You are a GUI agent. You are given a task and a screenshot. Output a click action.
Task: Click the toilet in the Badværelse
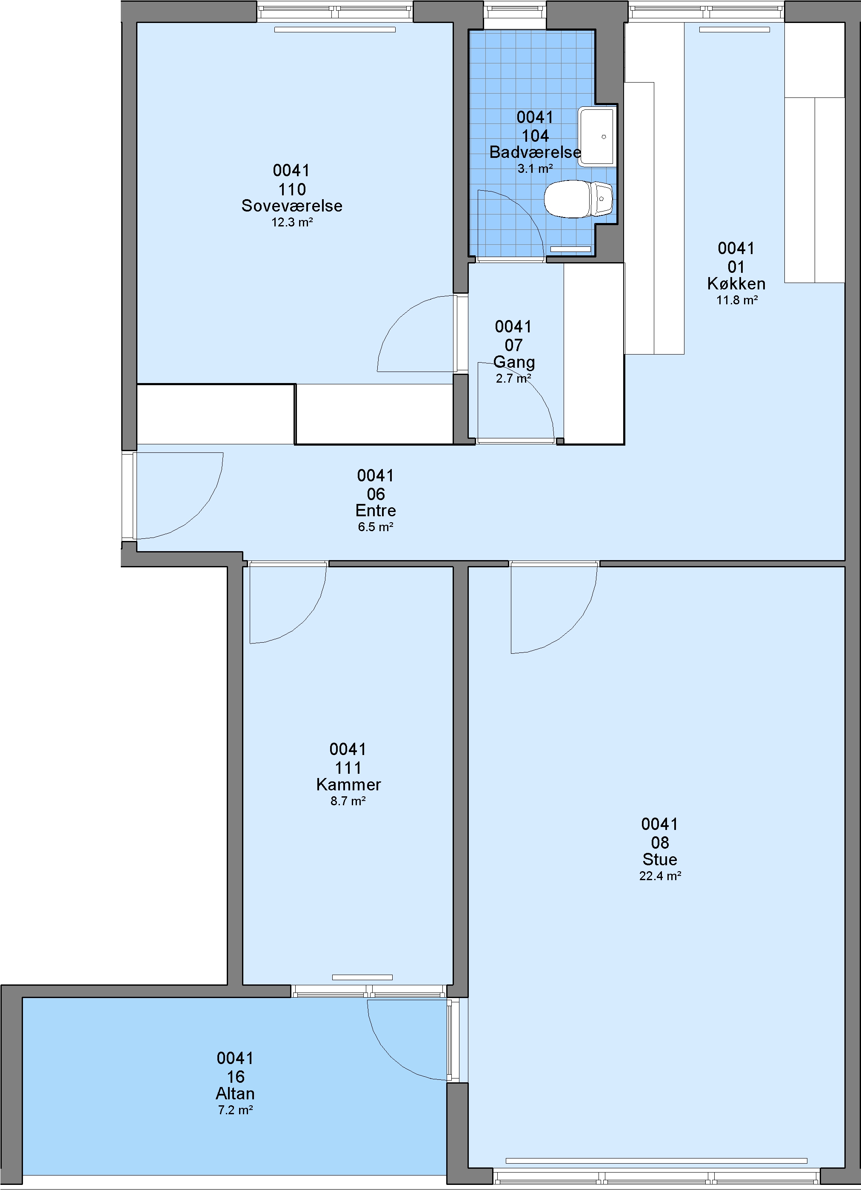tap(579, 199)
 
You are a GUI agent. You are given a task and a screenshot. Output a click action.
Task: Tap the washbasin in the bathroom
tap(596, 137)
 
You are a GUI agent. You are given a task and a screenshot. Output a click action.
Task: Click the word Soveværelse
tap(292, 206)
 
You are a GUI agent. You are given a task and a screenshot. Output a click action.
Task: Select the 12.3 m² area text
tap(292, 223)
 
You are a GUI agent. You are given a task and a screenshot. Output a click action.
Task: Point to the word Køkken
tap(736, 284)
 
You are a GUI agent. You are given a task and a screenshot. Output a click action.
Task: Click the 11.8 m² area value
tap(737, 300)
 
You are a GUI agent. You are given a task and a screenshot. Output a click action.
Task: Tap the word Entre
tap(376, 511)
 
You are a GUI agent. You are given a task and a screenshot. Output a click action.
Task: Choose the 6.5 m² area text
tap(376, 527)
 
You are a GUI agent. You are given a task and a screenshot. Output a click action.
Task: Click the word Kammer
tap(348, 784)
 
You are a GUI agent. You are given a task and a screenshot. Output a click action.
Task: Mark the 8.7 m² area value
tap(348, 801)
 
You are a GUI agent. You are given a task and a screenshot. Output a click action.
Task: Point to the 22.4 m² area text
tap(660, 876)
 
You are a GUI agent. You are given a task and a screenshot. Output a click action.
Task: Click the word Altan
tap(235, 1094)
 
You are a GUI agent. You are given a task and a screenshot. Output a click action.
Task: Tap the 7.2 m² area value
tap(235, 1110)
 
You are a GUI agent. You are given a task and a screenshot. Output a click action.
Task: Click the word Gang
tap(514, 362)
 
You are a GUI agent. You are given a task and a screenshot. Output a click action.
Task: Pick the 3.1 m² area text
tap(535, 169)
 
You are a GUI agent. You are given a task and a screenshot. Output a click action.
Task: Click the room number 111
tap(348, 768)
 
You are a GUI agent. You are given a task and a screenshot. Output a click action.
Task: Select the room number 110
tap(292, 189)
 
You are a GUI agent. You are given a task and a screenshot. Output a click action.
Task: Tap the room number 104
tap(535, 136)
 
